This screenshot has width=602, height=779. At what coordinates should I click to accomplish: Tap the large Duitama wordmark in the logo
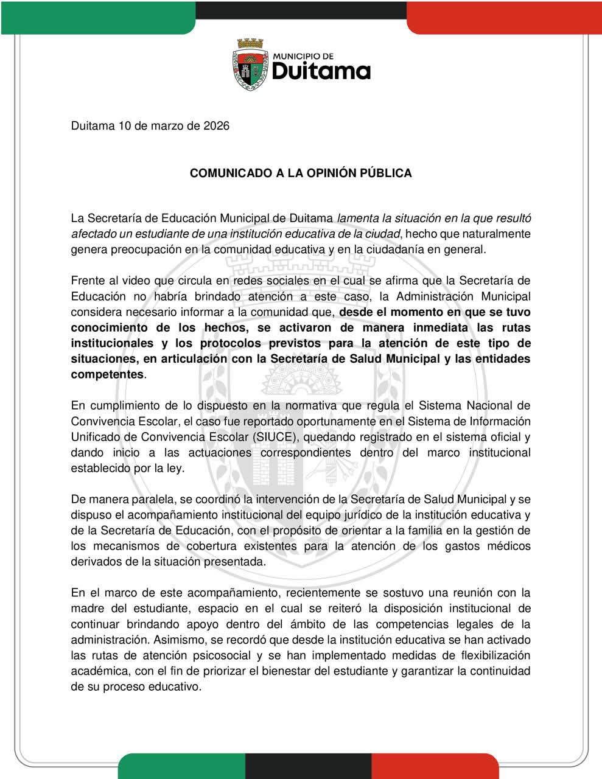tap(321, 71)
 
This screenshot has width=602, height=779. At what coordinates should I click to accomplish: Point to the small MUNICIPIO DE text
tap(303, 56)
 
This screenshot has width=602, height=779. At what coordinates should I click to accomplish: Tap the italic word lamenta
tap(357, 218)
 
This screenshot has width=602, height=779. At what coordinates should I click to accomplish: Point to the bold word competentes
tap(107, 374)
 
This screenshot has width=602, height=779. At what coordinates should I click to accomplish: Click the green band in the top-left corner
tap(97, 15)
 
